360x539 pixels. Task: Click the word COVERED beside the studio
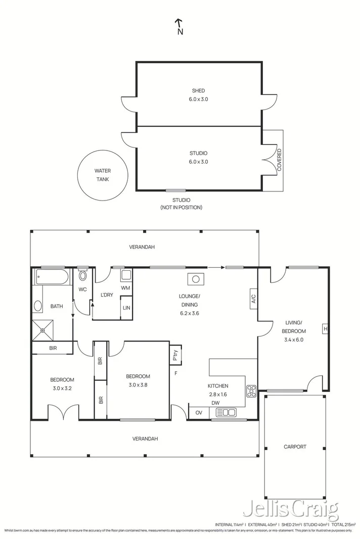coord(279,161)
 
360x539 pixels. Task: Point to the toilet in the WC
coord(83,275)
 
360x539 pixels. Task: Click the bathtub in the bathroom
coord(51,277)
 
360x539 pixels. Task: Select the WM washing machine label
coord(126,288)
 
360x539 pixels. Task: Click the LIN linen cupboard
coord(126,308)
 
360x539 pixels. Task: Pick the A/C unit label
coord(253,299)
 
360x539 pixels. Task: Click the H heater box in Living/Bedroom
coord(325,329)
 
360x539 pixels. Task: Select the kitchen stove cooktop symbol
coord(251,390)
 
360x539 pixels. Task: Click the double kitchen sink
coord(229,412)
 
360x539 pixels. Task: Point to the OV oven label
coord(198,412)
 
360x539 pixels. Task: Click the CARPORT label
coord(295,447)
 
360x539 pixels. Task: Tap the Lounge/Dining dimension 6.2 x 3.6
coord(190,313)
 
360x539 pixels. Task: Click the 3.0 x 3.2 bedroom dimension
coord(62,388)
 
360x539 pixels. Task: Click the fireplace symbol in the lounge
coord(195,278)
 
